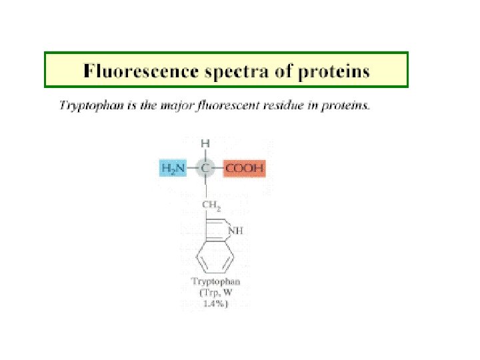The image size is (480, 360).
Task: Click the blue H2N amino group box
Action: coord(174,167)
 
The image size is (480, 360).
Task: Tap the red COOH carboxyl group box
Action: coord(244,167)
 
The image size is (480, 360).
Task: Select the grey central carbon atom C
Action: coord(206,167)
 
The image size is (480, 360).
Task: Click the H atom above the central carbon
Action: coord(206,143)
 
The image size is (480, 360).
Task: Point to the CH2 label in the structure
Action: coord(211,205)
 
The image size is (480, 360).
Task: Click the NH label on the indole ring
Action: coord(236,231)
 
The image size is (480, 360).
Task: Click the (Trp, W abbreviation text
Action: coord(214,292)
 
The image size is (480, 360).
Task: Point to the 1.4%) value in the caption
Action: coord(214,303)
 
